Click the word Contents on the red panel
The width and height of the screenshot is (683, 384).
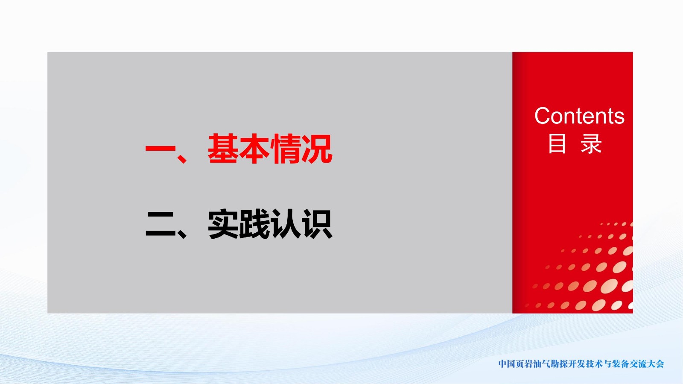click(579, 116)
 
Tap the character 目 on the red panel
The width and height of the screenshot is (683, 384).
click(557, 144)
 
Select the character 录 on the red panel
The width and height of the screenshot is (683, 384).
click(591, 144)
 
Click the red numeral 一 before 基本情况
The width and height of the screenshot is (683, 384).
click(161, 149)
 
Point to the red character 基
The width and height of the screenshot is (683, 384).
click(224, 149)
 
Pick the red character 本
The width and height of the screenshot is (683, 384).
click(254, 149)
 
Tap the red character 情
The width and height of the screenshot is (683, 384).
click(286, 149)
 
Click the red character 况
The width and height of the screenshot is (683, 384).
click(317, 149)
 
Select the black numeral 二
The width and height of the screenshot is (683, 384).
click(161, 224)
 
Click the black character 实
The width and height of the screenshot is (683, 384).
click(224, 224)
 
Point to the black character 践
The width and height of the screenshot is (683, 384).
click(254, 224)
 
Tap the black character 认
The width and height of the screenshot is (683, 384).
click(286, 224)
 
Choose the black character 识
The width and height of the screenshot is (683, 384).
click(317, 224)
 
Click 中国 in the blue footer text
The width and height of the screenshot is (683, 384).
click(507, 364)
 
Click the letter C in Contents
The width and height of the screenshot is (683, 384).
click(543, 116)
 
